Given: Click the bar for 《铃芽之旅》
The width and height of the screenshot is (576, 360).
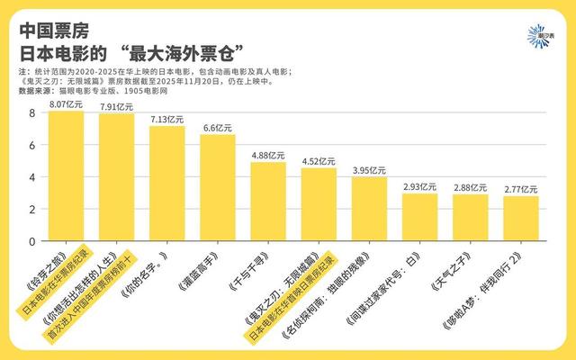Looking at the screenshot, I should [x=66, y=176].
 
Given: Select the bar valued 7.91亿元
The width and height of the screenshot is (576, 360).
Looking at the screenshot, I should [x=116, y=178].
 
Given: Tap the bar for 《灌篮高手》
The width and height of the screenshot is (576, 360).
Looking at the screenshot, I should [x=217, y=188].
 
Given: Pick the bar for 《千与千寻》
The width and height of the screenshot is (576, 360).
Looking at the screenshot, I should [x=267, y=202].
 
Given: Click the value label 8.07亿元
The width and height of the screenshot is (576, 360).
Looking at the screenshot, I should [x=66, y=104].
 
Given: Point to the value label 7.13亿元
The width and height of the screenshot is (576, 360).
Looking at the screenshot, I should [x=166, y=119].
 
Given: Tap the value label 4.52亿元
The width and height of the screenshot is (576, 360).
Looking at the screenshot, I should [x=318, y=161].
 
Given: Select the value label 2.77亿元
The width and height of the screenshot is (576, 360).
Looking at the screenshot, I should [x=520, y=189].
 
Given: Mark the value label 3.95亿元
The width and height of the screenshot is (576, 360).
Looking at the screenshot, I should [x=368, y=170].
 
